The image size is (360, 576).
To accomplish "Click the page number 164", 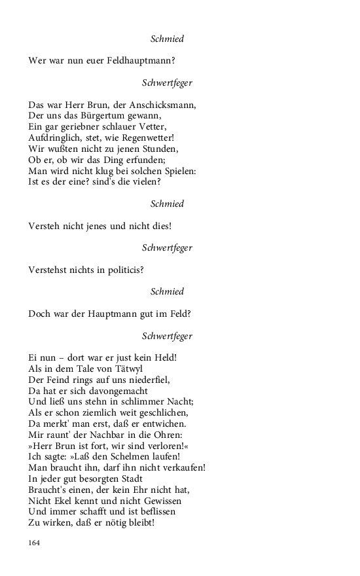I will coord(35,543).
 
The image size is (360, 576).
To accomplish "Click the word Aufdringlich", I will coord(54,138).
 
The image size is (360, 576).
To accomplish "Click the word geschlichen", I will coord(162,413).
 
